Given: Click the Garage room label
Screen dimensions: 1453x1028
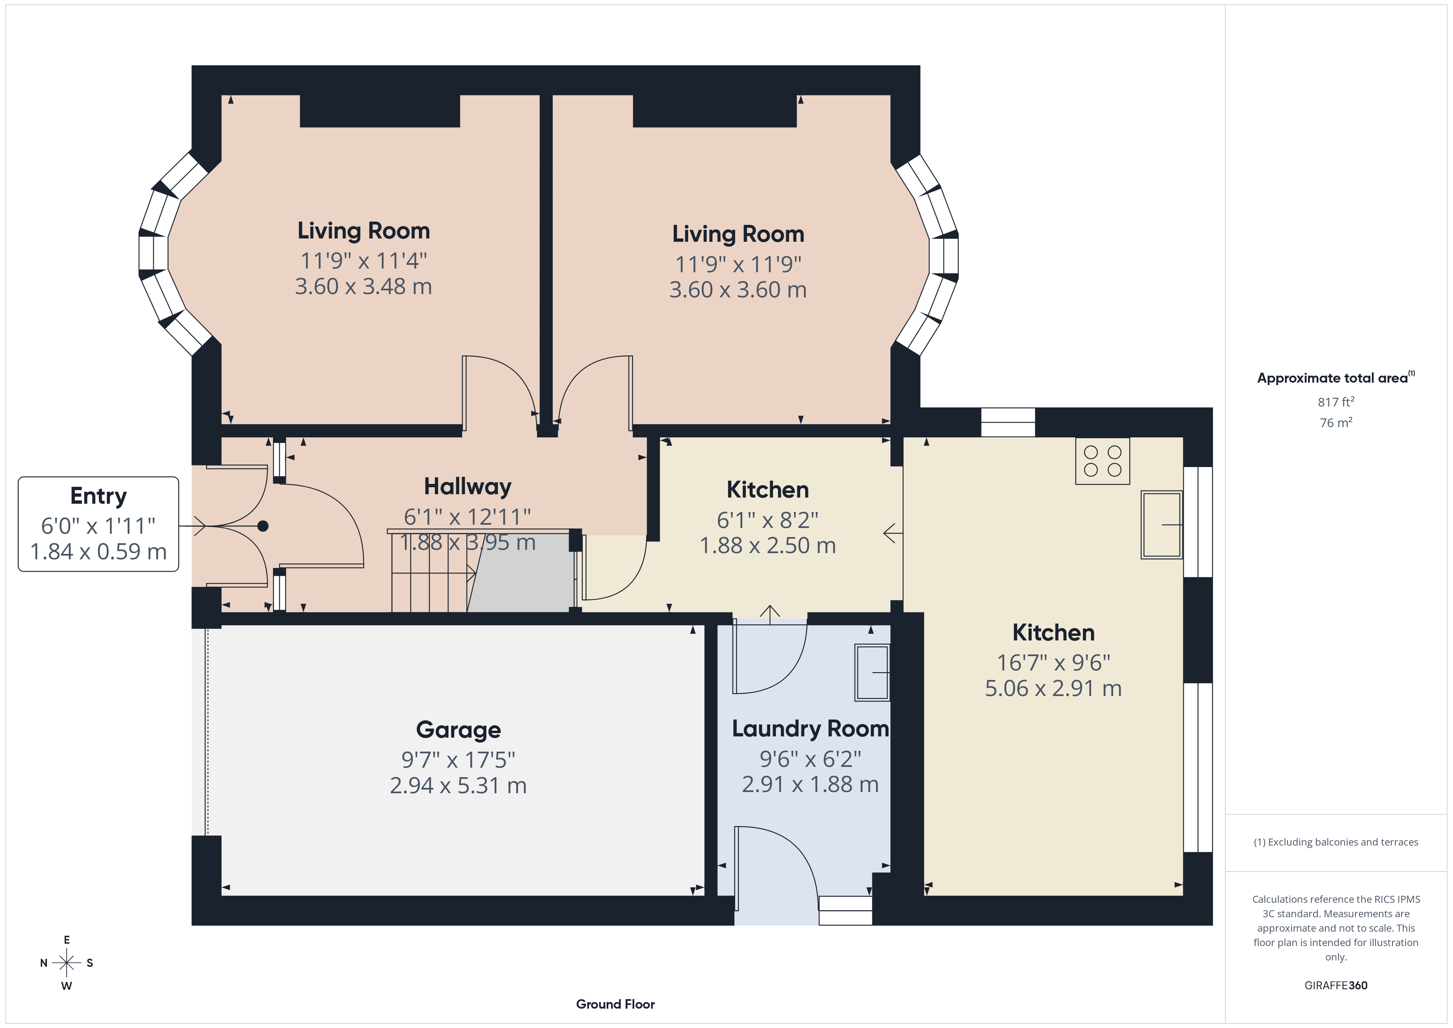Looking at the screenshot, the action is (458, 730).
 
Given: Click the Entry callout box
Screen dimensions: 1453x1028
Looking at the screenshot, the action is (98, 524).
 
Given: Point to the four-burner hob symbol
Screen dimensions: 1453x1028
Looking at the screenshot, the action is (1103, 461).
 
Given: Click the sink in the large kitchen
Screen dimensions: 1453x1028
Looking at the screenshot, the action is (1161, 525).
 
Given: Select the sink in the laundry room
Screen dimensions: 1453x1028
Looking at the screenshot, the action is (872, 672).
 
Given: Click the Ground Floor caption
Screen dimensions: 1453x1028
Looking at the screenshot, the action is (615, 1004).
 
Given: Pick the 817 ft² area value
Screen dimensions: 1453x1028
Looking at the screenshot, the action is (1336, 402).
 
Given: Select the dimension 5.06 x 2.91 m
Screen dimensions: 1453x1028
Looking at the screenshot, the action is (1053, 688).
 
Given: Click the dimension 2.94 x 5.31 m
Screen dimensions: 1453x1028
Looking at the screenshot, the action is (458, 785).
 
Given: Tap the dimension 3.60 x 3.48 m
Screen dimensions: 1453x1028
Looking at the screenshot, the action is (363, 287).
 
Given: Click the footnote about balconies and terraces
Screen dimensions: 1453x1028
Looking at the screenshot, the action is (1336, 842).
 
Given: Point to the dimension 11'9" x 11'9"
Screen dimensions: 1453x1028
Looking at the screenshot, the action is (738, 264).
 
